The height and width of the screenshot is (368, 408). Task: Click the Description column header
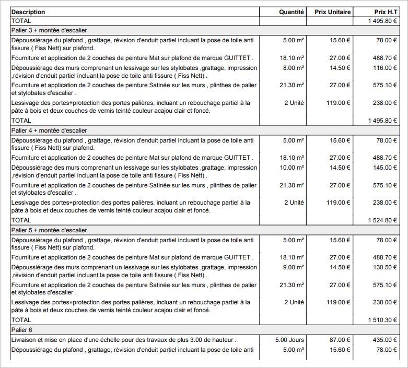point(28,12)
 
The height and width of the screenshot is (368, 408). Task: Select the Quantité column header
point(291,12)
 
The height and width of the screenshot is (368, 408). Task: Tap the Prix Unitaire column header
point(332,12)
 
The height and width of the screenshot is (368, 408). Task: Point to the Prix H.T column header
point(386,12)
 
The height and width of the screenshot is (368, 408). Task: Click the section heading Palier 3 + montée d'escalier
point(49,30)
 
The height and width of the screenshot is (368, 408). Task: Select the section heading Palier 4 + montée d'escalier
point(49,130)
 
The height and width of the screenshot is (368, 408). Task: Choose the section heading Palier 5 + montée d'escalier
point(49,230)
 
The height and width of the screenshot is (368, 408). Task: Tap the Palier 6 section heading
point(21,330)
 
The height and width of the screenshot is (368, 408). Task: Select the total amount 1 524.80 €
point(382,220)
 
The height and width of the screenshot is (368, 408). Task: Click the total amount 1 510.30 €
point(382,319)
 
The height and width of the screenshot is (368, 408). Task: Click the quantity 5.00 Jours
point(289,340)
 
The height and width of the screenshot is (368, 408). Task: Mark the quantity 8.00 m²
point(293,68)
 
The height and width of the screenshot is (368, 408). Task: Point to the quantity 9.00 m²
point(293,267)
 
